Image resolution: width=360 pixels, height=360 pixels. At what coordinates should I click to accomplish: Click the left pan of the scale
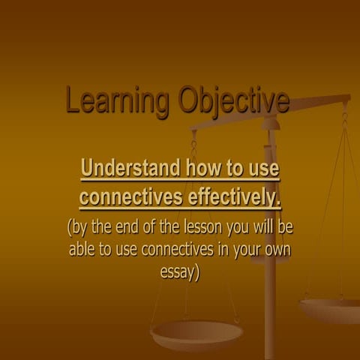pyautogui.click(x=196, y=333)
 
